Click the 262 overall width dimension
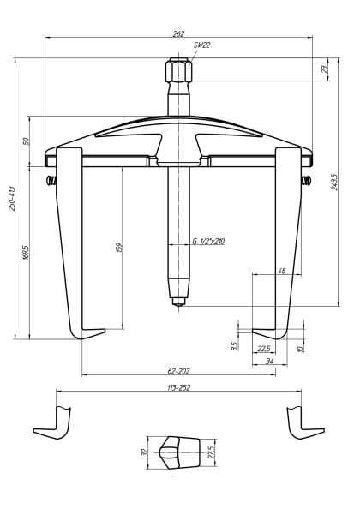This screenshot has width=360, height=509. click(178, 33)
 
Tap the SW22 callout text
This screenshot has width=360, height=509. click(201, 45)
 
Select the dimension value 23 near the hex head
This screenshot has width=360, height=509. click(325, 69)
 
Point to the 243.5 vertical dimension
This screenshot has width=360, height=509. click(334, 182)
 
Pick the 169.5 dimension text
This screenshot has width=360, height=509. click(26, 253)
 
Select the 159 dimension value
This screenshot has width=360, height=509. click(119, 247)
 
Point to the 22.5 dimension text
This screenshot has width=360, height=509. click(264, 348)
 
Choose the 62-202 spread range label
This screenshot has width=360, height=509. click(179, 371)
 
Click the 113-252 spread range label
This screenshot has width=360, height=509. click(179, 388)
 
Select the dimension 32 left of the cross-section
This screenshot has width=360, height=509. click(144, 452)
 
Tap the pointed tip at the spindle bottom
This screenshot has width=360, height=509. click(178, 301)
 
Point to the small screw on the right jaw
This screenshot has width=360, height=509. click(306, 181)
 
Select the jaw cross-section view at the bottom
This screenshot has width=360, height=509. click(177, 451)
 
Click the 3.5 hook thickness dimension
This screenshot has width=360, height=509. click(234, 346)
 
